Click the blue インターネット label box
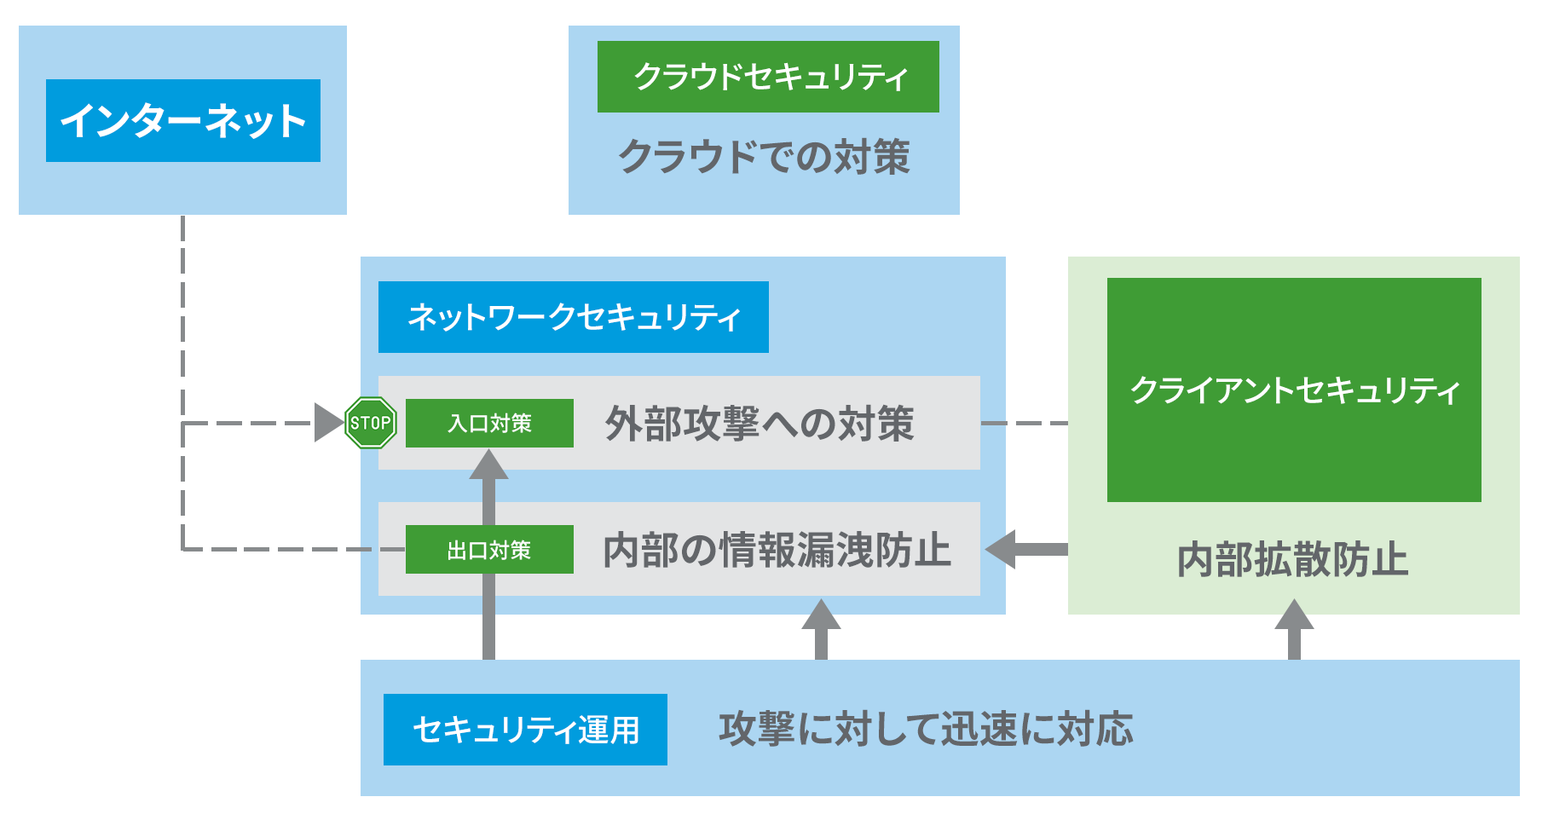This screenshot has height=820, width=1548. [x=183, y=120]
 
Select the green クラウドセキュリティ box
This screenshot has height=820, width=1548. [x=768, y=77]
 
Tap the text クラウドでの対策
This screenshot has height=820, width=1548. [x=765, y=158]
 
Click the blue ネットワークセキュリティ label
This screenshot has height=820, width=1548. [x=574, y=317]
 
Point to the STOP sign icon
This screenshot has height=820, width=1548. [x=371, y=423]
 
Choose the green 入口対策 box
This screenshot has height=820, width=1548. [x=489, y=423]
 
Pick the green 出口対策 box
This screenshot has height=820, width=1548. [x=489, y=550]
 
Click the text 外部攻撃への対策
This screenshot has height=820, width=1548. [x=760, y=424]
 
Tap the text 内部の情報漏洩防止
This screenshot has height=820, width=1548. [x=777, y=550]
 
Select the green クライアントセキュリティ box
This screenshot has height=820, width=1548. [x=1294, y=390]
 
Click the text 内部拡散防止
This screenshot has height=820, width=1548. [x=1292, y=560]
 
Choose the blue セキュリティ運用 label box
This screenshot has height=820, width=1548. [x=525, y=730]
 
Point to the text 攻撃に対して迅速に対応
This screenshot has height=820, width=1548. [x=926, y=730]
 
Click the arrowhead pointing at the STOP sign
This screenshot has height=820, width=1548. [x=329, y=423]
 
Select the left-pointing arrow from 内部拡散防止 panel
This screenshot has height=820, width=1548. [x=1026, y=550]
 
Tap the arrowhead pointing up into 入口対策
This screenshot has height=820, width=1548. [x=488, y=465]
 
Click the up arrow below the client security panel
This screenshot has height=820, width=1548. [x=1294, y=629]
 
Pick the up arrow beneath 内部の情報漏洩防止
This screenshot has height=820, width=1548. [x=821, y=629]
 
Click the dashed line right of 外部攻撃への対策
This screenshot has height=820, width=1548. [x=1025, y=423]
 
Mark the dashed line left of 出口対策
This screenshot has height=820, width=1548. [x=294, y=550]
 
